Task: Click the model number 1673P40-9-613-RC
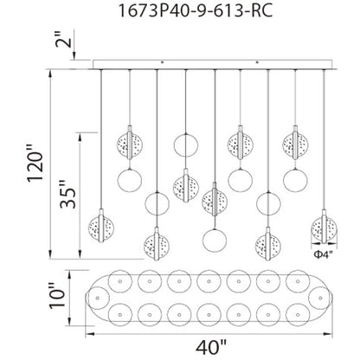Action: (x=179, y=14)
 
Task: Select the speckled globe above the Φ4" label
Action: (x=323, y=229)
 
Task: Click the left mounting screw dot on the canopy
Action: (x=163, y=61)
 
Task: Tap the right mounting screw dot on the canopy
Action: (x=260, y=61)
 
